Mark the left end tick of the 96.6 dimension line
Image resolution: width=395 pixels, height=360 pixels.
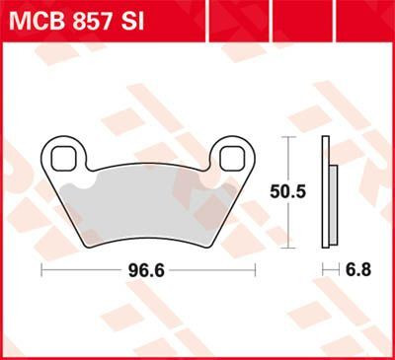click(40, 269)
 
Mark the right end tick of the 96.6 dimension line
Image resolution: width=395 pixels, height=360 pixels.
click(256, 269)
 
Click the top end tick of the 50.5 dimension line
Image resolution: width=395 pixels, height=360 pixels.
click(287, 137)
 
